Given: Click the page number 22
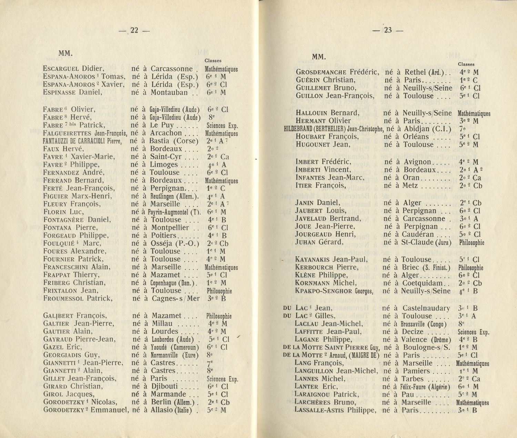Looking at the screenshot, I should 134,30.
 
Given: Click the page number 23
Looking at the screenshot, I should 388,30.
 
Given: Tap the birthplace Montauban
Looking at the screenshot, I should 169,92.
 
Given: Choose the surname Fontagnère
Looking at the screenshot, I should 64,220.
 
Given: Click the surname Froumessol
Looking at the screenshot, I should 63,298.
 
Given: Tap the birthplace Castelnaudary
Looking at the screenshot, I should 426,308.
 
